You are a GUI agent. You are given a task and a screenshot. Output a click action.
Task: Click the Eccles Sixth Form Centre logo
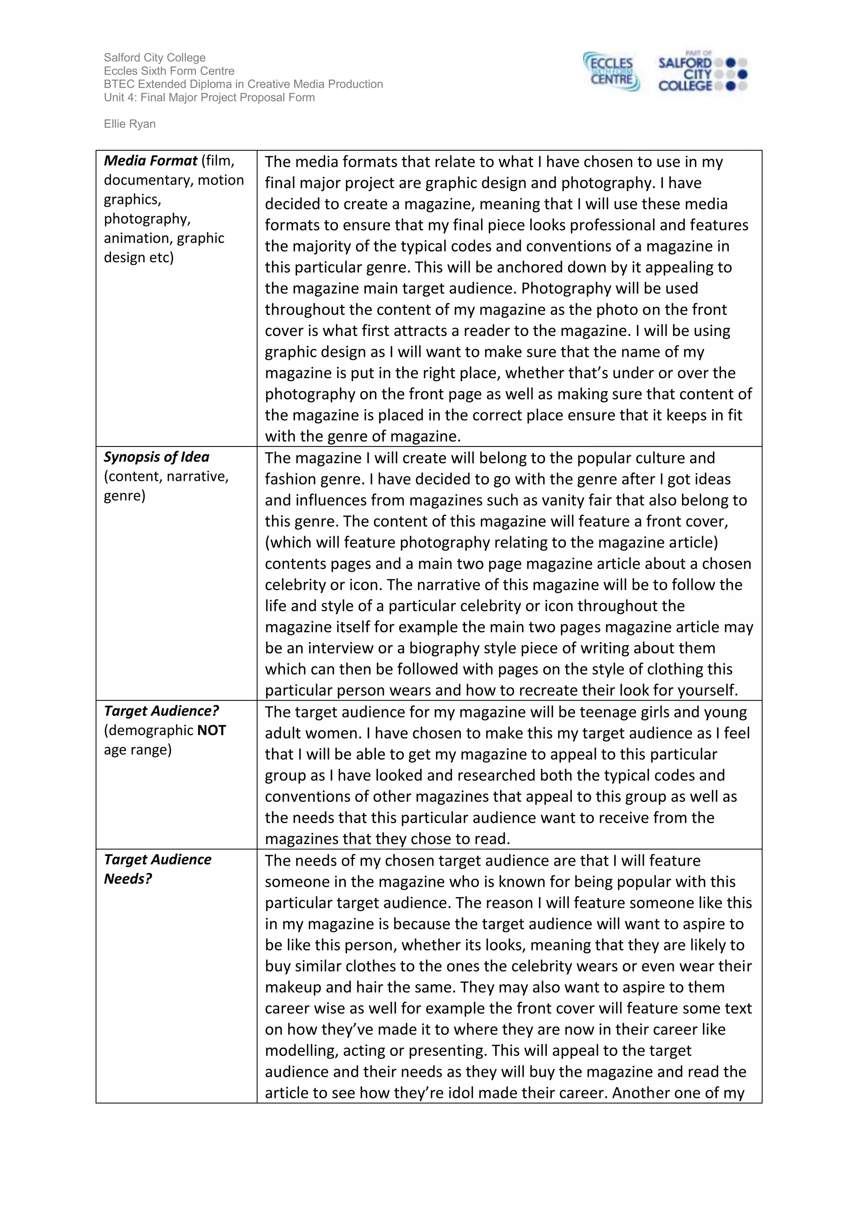pos(611,72)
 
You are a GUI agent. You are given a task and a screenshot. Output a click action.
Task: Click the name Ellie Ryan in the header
pos(129,124)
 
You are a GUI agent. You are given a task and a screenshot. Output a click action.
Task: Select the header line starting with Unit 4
pos(209,97)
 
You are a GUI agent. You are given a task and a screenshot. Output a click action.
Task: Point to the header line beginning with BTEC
pos(243,84)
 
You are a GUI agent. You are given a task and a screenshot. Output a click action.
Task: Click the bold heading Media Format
pos(150,160)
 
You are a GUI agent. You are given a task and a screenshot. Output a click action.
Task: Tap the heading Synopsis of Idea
pos(156,457)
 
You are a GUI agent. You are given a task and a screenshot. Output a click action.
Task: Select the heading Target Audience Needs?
pos(158,869)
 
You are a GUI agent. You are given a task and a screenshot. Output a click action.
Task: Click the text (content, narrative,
pos(166,477)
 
